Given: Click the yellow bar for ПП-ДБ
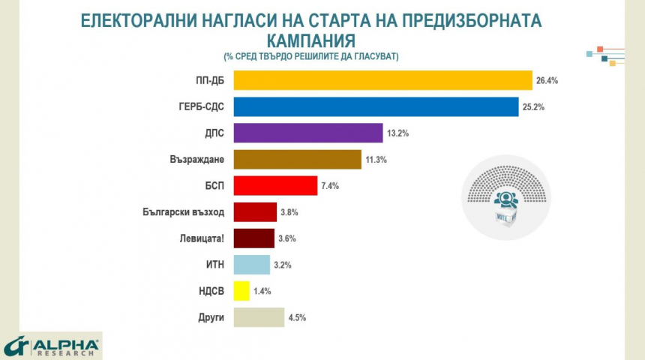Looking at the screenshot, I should [x=382, y=80].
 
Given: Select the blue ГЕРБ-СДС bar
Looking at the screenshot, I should [x=376, y=106].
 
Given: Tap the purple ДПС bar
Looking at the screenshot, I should [x=308, y=133].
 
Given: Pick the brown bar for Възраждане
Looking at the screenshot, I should [x=298, y=159].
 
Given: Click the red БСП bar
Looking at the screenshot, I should [x=275, y=185].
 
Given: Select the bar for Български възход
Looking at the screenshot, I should [x=255, y=212].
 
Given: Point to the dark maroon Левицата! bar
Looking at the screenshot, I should [x=254, y=238].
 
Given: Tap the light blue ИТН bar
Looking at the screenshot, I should [x=252, y=265].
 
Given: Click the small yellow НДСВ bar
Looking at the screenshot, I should [x=241, y=291].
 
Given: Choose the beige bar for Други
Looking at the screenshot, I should [x=259, y=317].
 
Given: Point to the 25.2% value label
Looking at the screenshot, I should [x=534, y=107].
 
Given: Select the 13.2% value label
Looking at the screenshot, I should [x=397, y=133].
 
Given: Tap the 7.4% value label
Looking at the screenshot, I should [x=330, y=186].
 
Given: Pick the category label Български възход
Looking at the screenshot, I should [x=184, y=212].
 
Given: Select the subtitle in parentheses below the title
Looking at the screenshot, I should [x=310, y=57].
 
